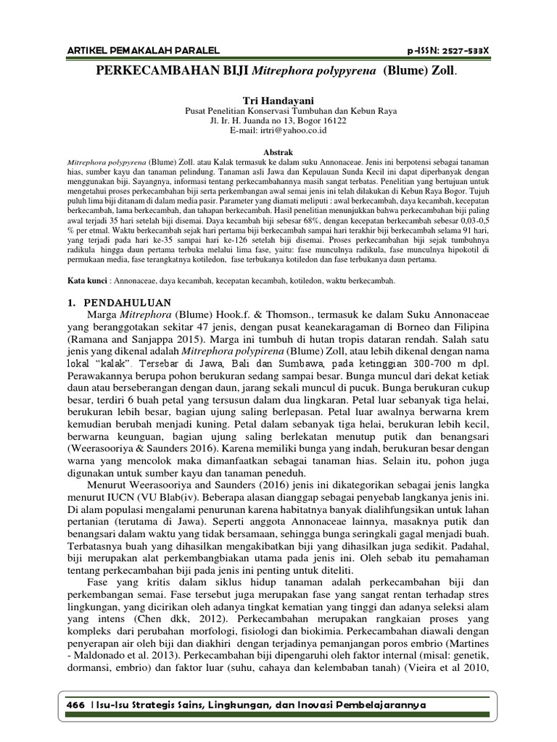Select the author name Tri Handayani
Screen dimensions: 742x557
(x=278, y=96)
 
